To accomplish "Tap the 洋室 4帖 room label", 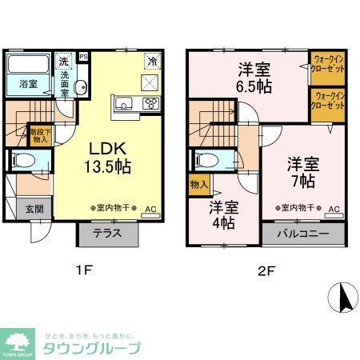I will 225,215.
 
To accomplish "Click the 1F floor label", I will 83,270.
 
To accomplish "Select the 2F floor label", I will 266,270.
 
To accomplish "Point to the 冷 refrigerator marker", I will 150,61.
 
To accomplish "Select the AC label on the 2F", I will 334,210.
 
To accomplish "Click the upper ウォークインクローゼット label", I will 328,62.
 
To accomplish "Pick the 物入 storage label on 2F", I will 199,186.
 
